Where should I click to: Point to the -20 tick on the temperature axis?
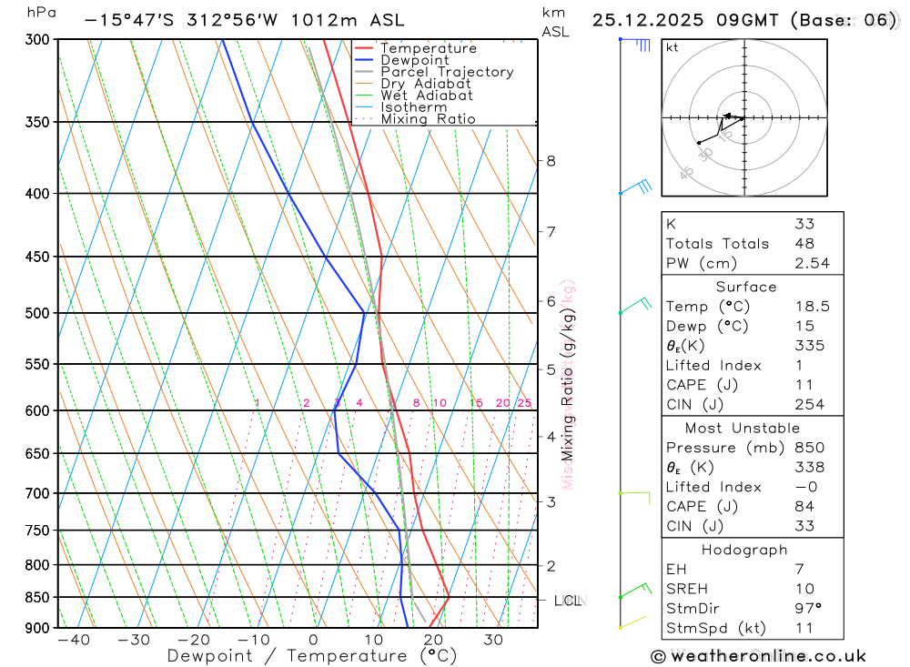click(193, 640)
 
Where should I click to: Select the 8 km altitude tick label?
click(551, 161)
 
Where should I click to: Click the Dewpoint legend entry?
click(414, 60)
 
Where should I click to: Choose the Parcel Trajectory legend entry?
click(446, 72)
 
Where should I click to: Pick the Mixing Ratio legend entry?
click(428, 119)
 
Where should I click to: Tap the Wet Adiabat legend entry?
click(426, 96)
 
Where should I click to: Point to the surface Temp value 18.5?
click(810, 307)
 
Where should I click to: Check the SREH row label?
click(685, 589)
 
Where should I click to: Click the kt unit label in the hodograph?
click(672, 47)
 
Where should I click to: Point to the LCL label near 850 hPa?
click(568, 601)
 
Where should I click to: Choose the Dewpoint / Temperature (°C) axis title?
click(311, 655)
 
